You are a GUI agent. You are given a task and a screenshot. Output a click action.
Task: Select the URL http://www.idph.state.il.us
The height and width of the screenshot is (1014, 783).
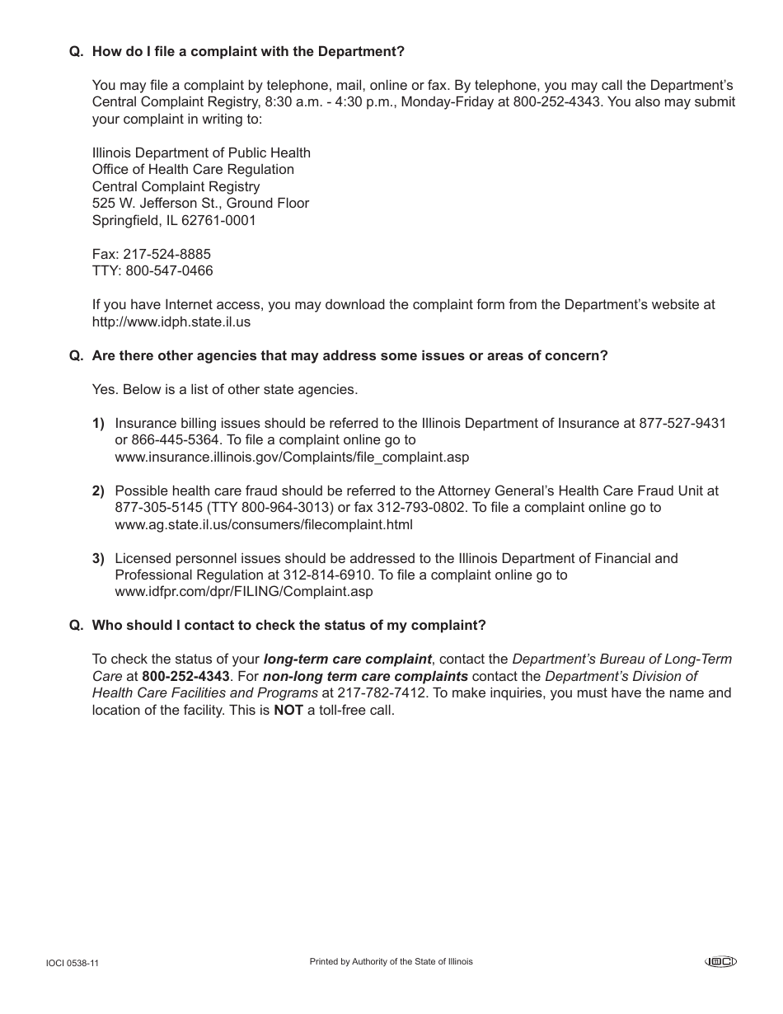(171, 322)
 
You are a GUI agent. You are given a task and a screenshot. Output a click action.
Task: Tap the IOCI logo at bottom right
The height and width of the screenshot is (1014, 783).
(720, 961)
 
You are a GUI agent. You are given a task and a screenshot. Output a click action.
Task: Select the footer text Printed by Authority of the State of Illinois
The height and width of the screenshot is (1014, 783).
(391, 961)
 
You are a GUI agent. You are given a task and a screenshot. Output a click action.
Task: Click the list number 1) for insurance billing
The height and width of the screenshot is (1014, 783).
(98, 423)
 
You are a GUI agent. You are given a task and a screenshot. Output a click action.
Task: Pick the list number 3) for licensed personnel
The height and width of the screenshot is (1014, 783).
(98, 558)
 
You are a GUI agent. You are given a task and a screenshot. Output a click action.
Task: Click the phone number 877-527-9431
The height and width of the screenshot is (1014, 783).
(682, 423)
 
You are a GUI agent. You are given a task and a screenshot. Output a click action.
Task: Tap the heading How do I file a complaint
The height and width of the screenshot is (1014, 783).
(248, 51)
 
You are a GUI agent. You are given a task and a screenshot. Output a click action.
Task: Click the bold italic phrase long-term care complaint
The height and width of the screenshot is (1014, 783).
(347, 659)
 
